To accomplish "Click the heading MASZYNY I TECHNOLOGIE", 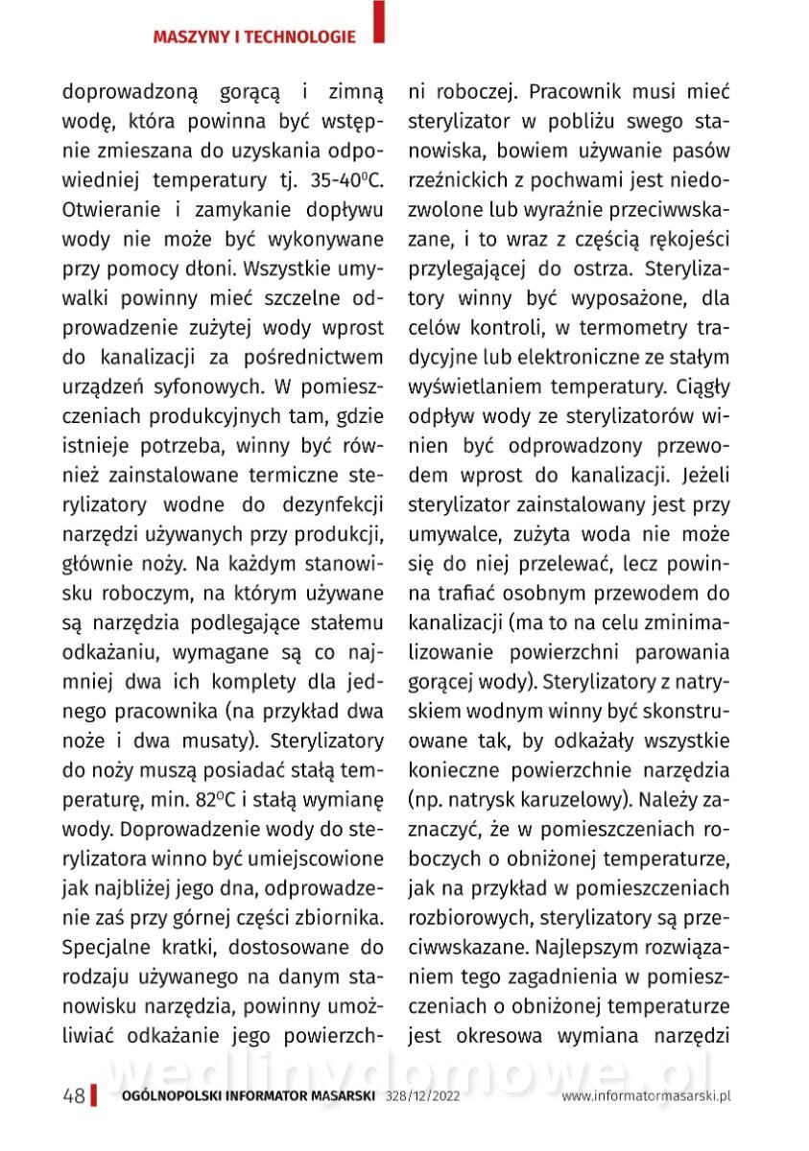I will (254, 37).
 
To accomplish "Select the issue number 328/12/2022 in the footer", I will (422, 1096).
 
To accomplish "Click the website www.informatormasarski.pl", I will (647, 1096).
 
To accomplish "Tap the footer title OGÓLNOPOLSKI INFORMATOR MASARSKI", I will (249, 1096).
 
